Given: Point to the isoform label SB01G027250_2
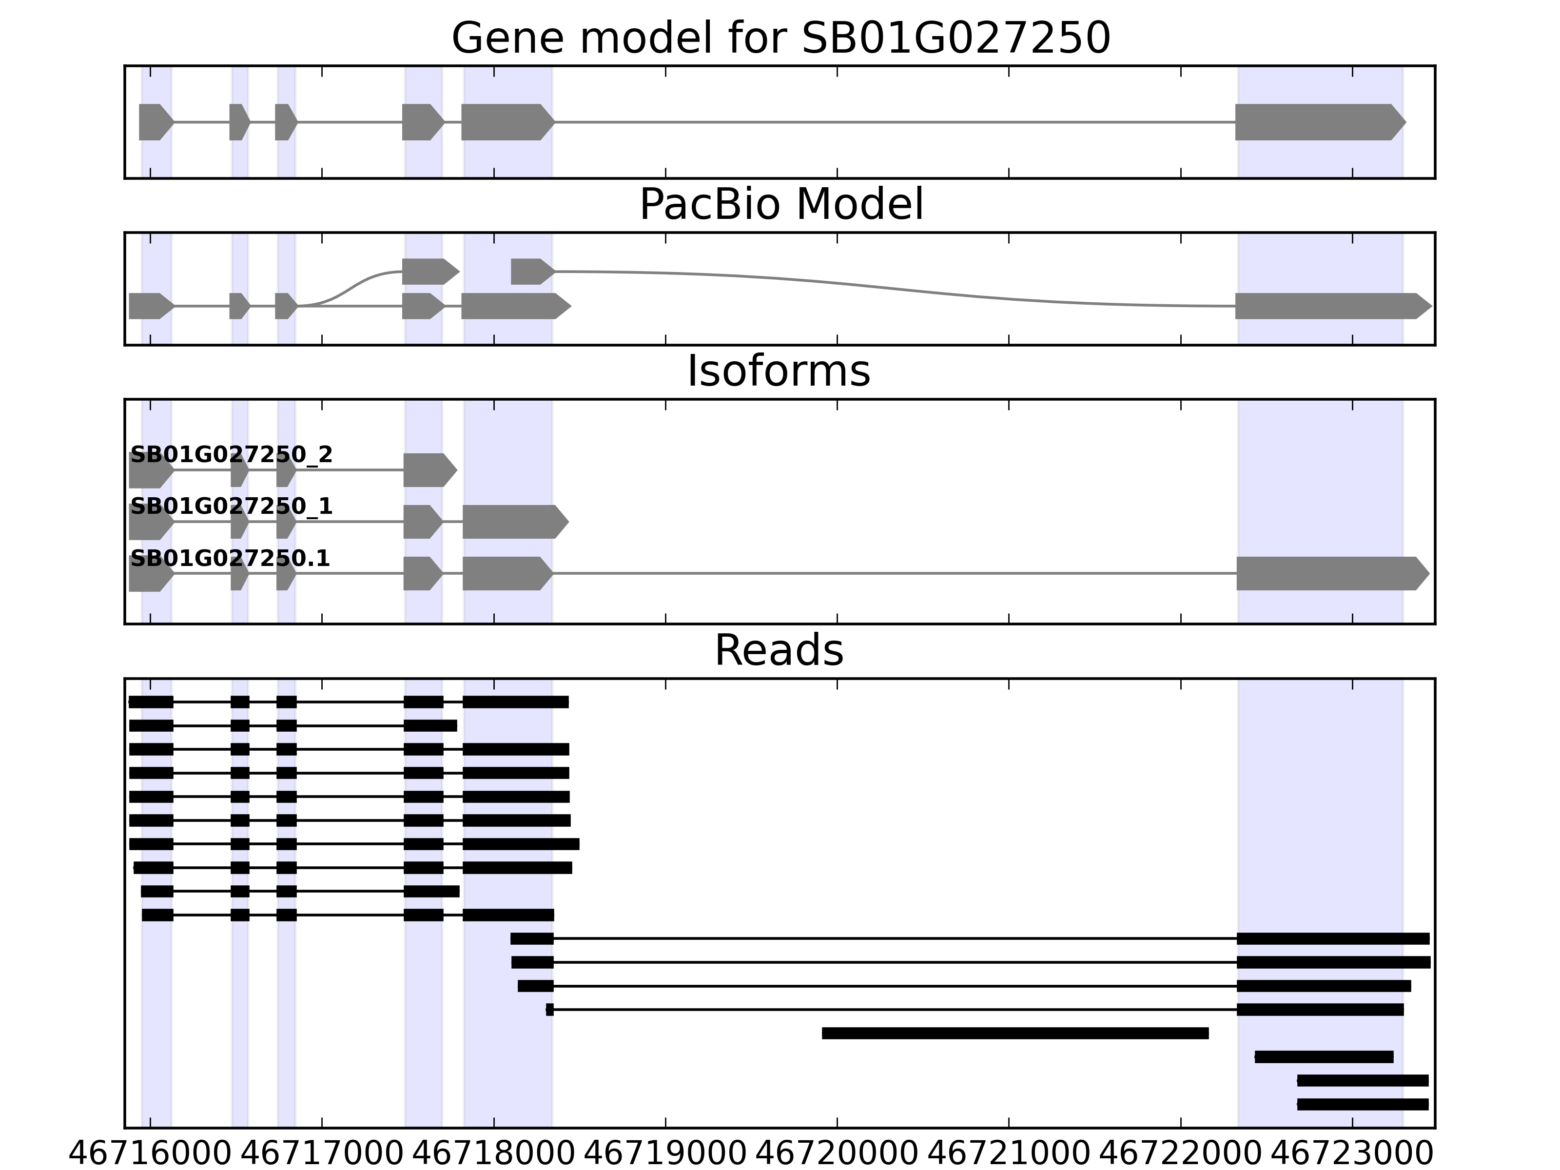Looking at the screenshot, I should [x=232, y=455].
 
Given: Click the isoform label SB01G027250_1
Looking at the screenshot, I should [x=232, y=507].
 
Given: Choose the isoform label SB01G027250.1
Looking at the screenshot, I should [x=230, y=559].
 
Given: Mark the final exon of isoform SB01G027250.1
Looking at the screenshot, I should [x=1330, y=573].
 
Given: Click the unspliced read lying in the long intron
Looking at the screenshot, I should [x=1015, y=1033].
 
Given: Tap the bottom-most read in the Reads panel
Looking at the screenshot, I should [x=1363, y=1104].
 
